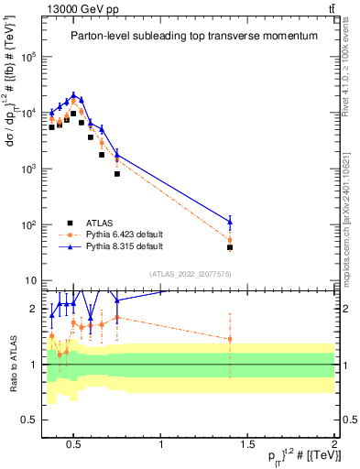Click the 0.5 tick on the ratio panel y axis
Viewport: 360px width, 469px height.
pos(28,420)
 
